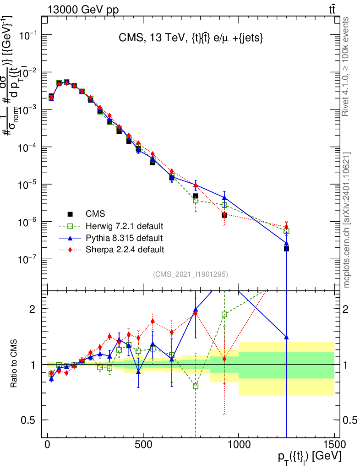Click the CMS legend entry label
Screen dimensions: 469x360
(x=95, y=213)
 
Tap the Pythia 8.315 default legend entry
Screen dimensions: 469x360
(x=124, y=238)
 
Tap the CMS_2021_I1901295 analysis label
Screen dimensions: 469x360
(x=190, y=274)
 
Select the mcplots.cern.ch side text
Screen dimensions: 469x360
(x=347, y=220)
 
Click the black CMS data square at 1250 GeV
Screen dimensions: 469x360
(x=286, y=249)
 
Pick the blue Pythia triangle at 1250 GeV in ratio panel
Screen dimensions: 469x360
(x=286, y=337)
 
